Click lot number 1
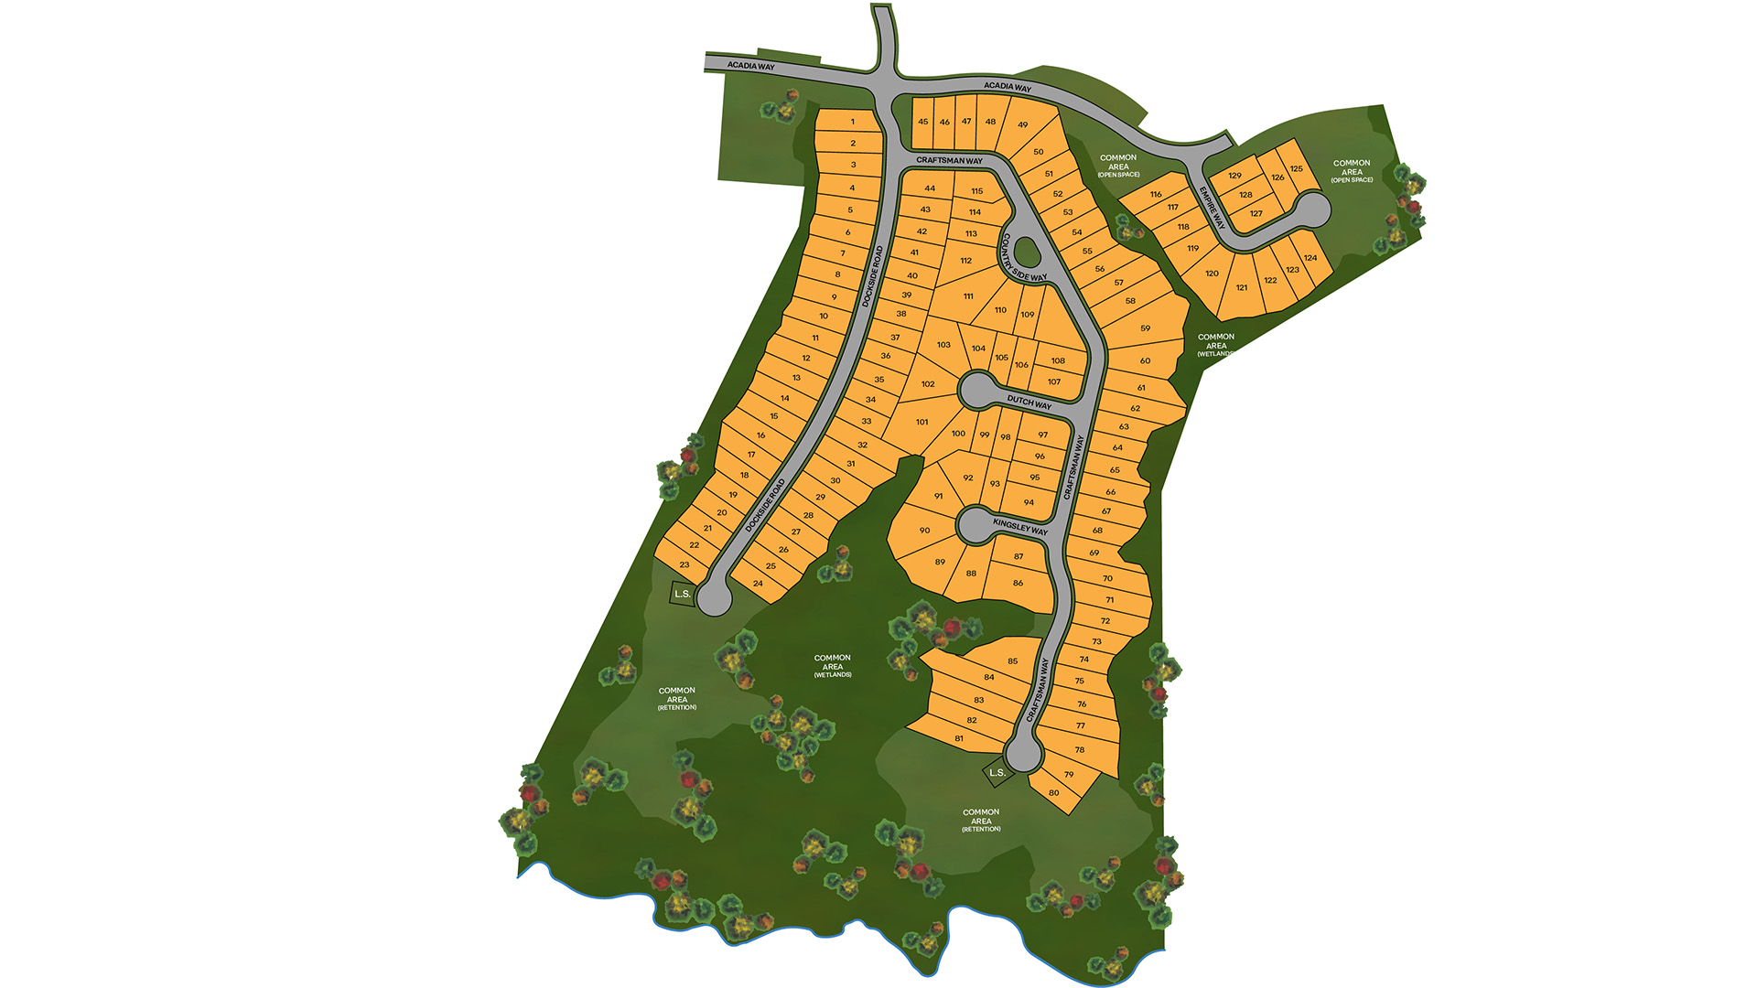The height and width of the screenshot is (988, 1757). (852, 122)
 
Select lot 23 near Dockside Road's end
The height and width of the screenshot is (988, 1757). (684, 564)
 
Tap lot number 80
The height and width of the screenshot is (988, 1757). (1054, 792)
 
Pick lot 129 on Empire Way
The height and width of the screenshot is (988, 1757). (1234, 176)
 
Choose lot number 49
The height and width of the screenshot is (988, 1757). (1022, 125)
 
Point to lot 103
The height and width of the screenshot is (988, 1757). (943, 345)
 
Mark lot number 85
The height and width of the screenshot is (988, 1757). (1012, 660)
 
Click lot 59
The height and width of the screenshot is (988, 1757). (1145, 328)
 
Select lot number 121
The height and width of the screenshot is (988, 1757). (1242, 287)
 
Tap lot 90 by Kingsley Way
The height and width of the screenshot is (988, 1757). (924, 530)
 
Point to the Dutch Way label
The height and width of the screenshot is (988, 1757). (1029, 402)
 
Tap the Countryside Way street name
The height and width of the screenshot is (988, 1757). (1024, 257)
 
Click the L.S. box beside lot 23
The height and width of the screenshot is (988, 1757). (683, 594)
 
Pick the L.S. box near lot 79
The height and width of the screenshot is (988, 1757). (997, 772)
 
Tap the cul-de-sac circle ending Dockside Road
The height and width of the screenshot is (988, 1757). (714, 599)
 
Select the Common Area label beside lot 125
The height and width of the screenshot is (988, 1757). (1352, 171)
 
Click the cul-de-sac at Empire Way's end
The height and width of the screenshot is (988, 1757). (1313, 209)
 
